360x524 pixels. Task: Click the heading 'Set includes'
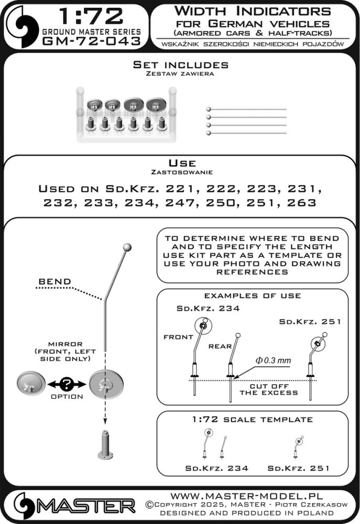click(x=181, y=65)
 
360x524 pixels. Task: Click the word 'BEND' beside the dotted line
click(x=55, y=282)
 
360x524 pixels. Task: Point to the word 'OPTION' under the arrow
click(x=67, y=397)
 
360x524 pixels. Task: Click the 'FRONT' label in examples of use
click(x=178, y=337)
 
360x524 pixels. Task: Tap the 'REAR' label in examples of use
click(x=220, y=346)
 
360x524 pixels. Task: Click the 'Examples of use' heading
click(x=253, y=296)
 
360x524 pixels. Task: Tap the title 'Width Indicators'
click(x=253, y=10)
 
